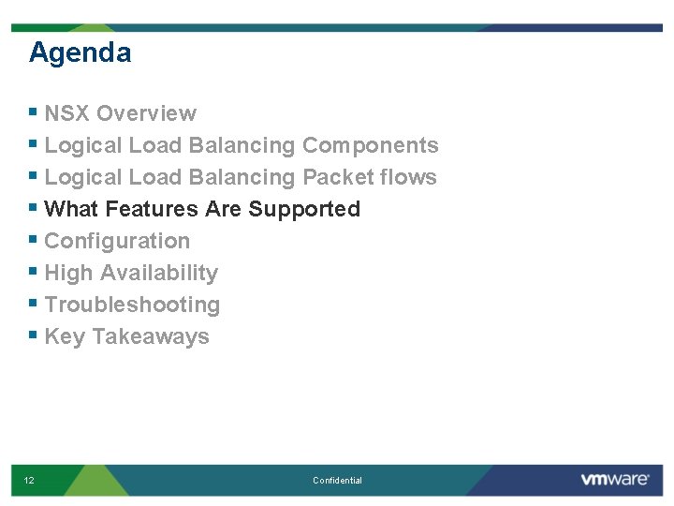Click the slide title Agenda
(80, 52)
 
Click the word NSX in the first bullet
(67, 113)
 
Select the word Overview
(146, 113)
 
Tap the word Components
(370, 145)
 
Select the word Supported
(304, 209)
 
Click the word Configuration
(117, 241)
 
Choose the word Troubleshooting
(132, 305)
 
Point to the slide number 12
(29, 481)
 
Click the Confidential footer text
(337, 481)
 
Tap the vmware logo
(614, 480)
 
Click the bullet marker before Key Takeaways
(34, 335)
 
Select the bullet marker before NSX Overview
(34, 112)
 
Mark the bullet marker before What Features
(34, 208)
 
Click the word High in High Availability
(68, 273)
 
